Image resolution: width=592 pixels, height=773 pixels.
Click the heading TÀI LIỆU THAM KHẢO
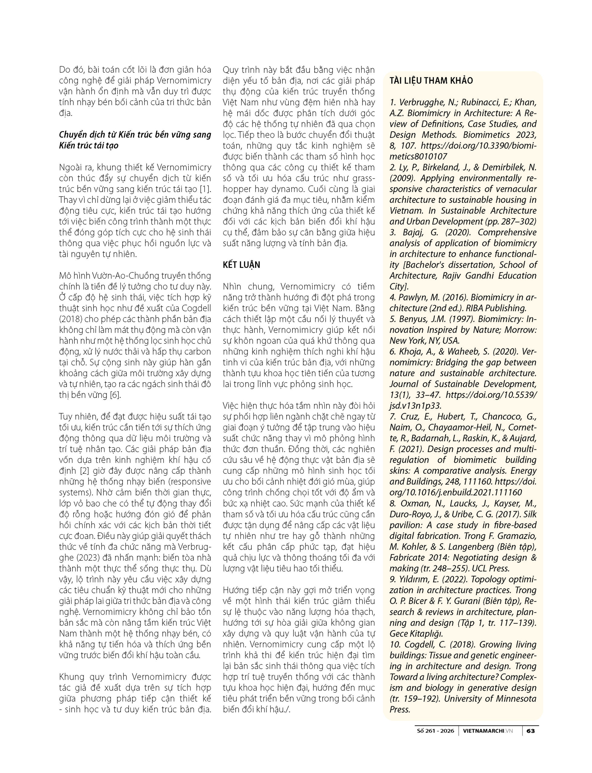[x=431, y=81]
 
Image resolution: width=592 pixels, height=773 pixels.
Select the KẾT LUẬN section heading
[x=241, y=265]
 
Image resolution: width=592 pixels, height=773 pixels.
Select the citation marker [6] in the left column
[x=115, y=395]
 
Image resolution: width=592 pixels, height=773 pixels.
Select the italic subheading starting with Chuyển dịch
[x=135, y=140]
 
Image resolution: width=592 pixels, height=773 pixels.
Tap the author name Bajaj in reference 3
[x=413, y=232]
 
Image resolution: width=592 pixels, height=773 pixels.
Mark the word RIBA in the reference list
[x=475, y=308]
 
